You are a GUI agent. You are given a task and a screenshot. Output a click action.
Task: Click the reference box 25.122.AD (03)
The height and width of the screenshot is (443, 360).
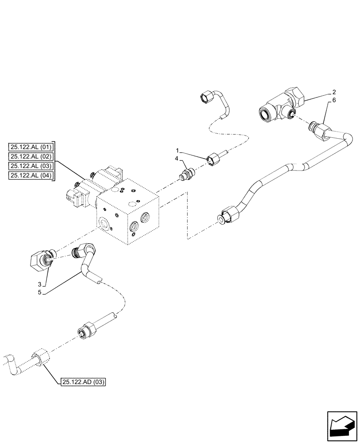click(82, 381)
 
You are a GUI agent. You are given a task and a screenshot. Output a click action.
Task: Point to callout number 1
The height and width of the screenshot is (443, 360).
click(177, 151)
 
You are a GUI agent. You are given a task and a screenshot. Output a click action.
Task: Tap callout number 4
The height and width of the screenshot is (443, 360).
click(176, 158)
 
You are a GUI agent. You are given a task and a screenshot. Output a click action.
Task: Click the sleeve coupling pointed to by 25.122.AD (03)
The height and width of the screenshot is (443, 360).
click(41, 357)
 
